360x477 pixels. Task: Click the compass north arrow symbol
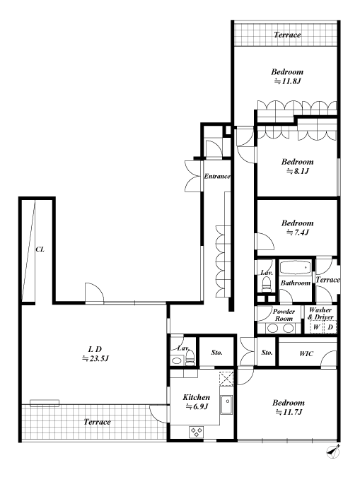pos(333,452)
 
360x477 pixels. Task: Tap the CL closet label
pos(40,249)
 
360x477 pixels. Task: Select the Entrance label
pos(217,177)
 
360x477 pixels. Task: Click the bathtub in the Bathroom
pos(295,268)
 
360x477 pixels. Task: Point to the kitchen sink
pos(226,405)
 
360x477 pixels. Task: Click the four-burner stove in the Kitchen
pos(196,432)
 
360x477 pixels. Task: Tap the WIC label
pos(306,353)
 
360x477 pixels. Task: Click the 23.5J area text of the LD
pos(95,359)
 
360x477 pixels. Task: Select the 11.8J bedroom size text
pos(288,81)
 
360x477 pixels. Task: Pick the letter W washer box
pos(316,327)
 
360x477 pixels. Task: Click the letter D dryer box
pos(330,327)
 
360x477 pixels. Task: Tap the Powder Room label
pos(284,315)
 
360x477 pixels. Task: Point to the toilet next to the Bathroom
pos(267,284)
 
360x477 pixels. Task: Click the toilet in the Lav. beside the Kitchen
pos(190,358)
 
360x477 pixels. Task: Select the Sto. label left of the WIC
pos(267,353)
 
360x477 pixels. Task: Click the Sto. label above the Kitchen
pos(216,353)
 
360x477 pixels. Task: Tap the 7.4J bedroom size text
pos(298,232)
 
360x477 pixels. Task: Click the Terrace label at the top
pos(287,35)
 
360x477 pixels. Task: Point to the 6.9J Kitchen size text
pos(197,406)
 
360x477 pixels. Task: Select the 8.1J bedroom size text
pos(298,171)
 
